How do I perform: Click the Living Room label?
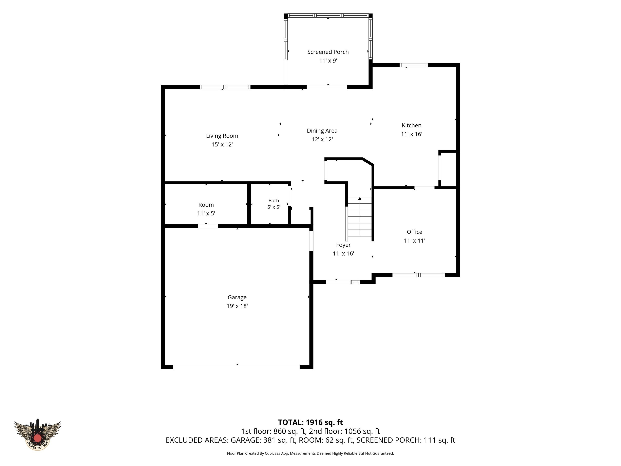222,136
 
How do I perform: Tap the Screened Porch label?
328,52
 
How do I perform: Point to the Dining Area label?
322,131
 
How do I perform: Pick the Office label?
414,232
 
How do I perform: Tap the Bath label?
274,201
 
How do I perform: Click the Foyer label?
343,245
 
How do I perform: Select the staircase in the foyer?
360,217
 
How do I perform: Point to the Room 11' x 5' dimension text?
206,213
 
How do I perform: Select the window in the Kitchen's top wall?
414,65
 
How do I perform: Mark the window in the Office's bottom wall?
418,275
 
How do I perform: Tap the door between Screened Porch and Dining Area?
327,87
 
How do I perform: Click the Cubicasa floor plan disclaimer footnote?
310,453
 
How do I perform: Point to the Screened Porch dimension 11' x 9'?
328,61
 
